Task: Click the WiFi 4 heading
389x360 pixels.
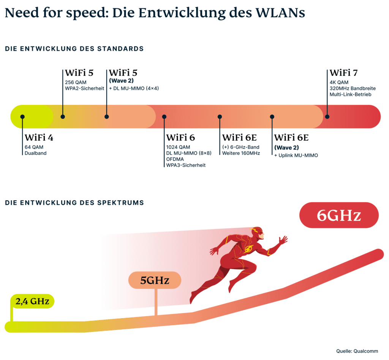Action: click(x=39, y=138)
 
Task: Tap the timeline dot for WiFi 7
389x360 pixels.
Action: click(x=327, y=117)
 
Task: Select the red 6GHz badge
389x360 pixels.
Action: click(x=339, y=216)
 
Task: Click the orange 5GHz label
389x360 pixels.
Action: click(x=155, y=281)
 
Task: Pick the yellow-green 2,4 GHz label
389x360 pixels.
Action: click(x=32, y=301)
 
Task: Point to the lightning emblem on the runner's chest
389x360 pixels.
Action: click(x=249, y=249)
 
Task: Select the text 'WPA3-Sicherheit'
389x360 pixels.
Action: click(x=186, y=165)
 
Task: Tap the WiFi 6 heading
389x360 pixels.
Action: click(x=181, y=138)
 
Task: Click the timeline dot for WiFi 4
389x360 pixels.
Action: click(x=22, y=117)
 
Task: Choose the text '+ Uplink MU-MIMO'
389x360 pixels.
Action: click(x=296, y=155)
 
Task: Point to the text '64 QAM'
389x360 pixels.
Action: click(x=33, y=147)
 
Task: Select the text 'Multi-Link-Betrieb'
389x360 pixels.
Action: click(x=350, y=94)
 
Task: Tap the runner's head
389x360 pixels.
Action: click(x=257, y=232)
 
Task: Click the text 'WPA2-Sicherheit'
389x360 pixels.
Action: click(x=85, y=88)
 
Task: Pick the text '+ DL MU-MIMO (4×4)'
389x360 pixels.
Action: click(x=134, y=88)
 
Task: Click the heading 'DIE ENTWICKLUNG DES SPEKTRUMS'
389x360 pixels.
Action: click(x=74, y=203)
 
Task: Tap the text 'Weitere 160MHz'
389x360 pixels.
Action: click(x=241, y=153)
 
